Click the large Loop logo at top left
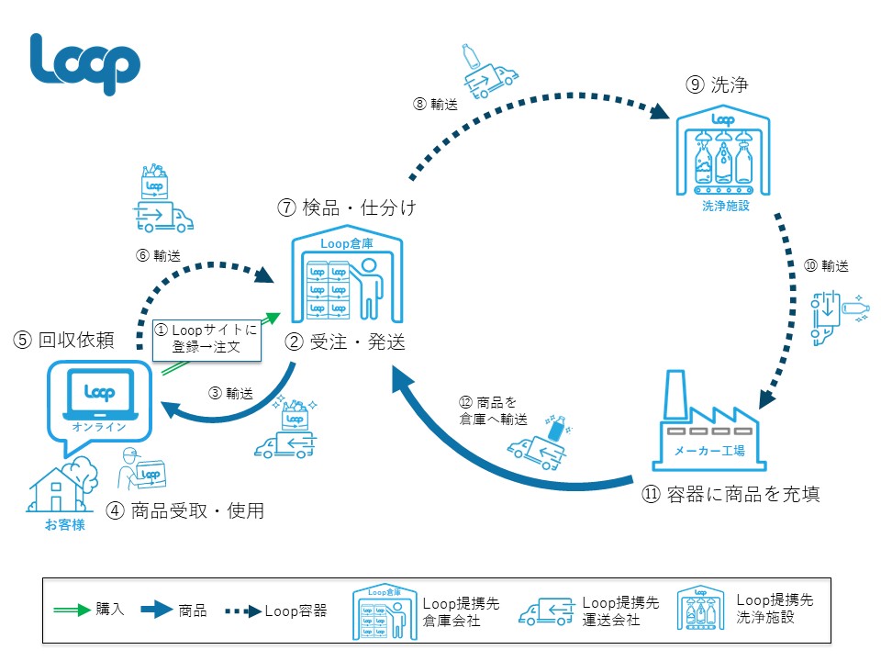tap(84, 62)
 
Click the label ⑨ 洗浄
tap(718, 85)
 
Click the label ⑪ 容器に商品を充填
tap(730, 494)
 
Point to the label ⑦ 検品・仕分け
tap(347, 208)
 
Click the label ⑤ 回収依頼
tap(63, 341)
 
